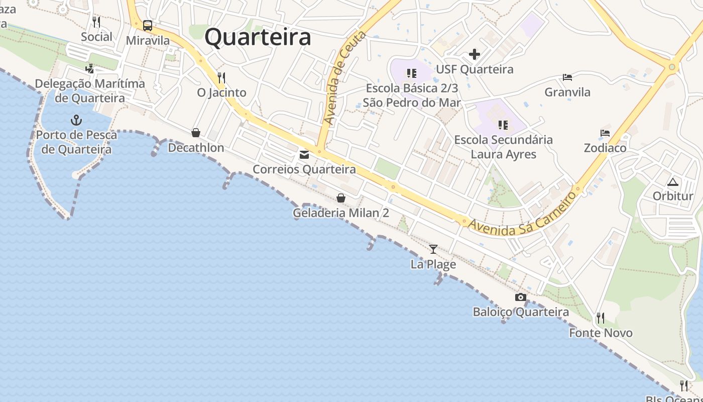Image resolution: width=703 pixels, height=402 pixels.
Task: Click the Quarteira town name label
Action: coord(258,38)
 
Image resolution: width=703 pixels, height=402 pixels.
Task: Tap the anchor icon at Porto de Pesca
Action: coord(76,120)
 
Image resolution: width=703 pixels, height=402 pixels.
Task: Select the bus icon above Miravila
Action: coord(148,25)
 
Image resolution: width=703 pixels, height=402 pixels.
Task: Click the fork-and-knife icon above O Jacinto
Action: coord(221,78)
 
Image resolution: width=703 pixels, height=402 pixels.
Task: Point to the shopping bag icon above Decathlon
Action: coord(196,133)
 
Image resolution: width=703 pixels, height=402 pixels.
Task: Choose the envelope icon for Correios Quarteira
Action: coord(304,155)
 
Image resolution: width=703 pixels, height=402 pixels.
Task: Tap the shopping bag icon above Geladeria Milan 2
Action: coord(341,198)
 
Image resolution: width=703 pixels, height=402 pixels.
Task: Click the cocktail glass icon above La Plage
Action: coord(433,249)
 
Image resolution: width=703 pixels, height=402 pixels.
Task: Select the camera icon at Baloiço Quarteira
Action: coord(521,297)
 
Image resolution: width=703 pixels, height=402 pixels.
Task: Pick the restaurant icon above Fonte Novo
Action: coord(600,318)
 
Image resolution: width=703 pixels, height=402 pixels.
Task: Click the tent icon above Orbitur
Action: coord(673,181)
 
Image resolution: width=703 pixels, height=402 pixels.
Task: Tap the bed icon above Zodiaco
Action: coord(605,133)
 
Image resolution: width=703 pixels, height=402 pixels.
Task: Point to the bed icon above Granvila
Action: coord(567,77)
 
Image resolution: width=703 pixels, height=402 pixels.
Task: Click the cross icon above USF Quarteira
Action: coord(475,54)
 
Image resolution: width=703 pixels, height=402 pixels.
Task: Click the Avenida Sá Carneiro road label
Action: coord(522,213)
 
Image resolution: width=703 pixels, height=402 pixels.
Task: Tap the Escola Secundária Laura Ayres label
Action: coord(504,147)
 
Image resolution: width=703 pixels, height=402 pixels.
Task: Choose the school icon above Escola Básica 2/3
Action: coord(412,73)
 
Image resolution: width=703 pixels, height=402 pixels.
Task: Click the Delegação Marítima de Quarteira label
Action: coord(90,90)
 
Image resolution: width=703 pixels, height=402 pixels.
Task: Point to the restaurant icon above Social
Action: coord(96,22)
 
